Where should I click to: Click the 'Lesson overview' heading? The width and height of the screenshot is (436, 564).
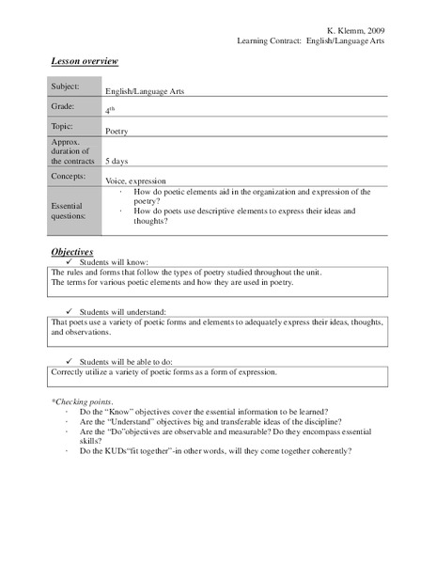click(x=84, y=61)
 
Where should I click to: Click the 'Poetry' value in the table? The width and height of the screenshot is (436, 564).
click(x=117, y=132)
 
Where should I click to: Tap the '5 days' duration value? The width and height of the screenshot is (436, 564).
click(x=118, y=161)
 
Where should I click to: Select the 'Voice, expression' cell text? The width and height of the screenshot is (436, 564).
click(x=135, y=180)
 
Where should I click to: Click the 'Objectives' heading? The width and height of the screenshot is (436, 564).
click(x=71, y=252)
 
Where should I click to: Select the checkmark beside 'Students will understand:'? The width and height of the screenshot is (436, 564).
click(x=70, y=310)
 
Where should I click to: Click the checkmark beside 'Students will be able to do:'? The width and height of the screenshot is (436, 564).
click(x=70, y=360)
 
